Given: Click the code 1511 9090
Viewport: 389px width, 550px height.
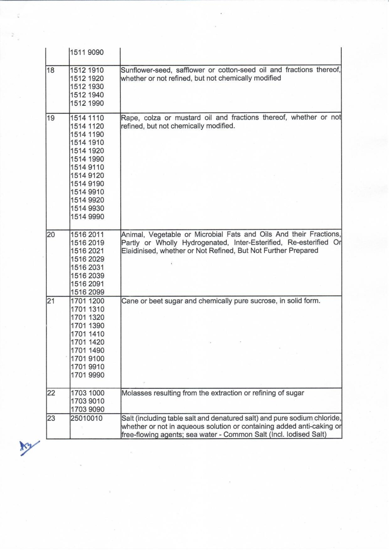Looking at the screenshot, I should point(87,52).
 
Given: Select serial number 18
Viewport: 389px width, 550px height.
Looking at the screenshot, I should point(51,70).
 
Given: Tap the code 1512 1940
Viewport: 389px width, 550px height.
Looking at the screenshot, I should point(87,95).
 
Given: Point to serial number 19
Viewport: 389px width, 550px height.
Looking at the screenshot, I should point(51,118).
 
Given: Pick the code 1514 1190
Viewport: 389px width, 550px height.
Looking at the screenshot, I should point(87,134).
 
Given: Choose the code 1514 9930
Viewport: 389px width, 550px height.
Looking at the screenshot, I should point(87,208).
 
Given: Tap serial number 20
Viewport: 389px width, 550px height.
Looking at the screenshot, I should point(51,235).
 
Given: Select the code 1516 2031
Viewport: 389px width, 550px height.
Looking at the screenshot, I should point(87,267).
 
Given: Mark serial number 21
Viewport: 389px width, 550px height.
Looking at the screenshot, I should point(51,301).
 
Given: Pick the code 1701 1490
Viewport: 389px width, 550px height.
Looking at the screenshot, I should point(87,350).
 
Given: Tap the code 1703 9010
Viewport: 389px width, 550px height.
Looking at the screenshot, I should point(87,401).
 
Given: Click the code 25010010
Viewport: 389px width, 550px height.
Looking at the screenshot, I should point(86,418).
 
